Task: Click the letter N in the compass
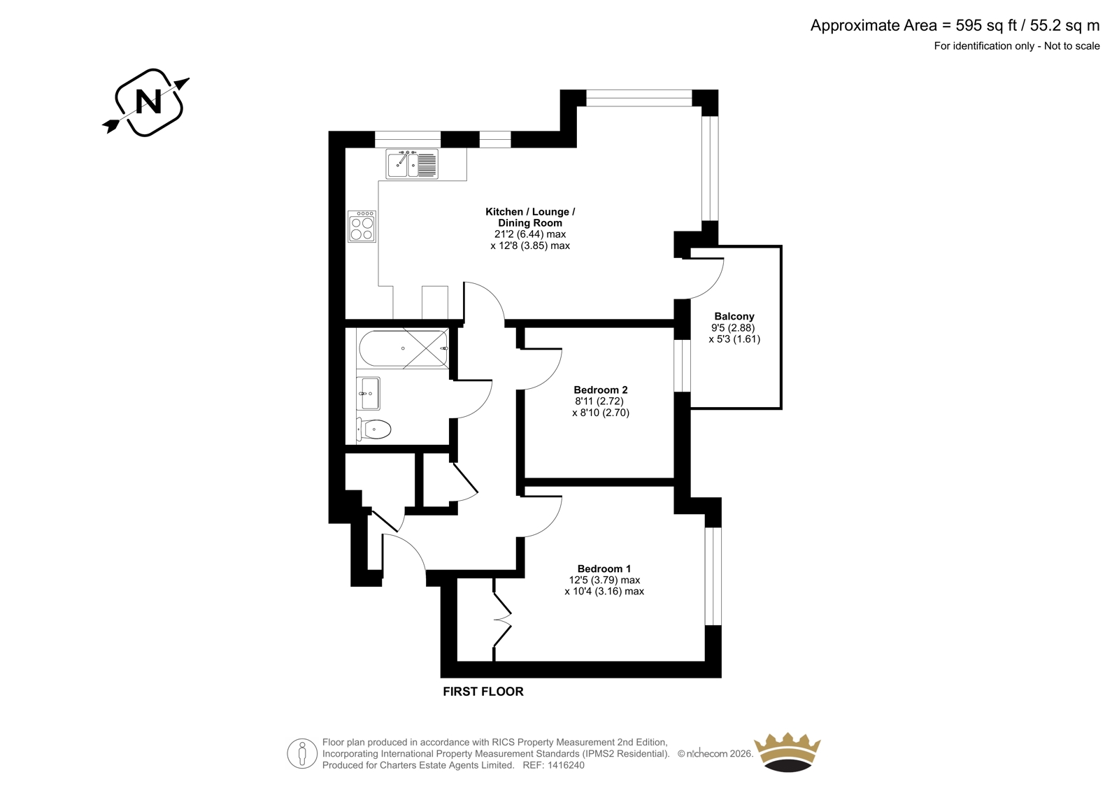pyautogui.click(x=148, y=101)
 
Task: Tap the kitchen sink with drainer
pyautogui.click(x=412, y=164)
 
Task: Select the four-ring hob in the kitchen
pyautogui.click(x=362, y=227)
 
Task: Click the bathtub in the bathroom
pyautogui.click(x=403, y=348)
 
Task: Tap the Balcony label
pyautogui.click(x=734, y=316)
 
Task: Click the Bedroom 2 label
pyautogui.click(x=601, y=390)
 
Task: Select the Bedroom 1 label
pyautogui.click(x=604, y=569)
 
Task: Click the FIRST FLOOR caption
pyautogui.click(x=483, y=692)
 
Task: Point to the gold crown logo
pyautogui.click(x=787, y=752)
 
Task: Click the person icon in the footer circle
pyautogui.click(x=301, y=753)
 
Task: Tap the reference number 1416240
pyautogui.click(x=565, y=765)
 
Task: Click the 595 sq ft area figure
pyautogui.click(x=987, y=25)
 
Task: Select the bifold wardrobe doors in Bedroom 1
pyautogui.click(x=502, y=620)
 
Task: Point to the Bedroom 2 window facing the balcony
pyautogui.click(x=682, y=366)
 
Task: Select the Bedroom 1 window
pyautogui.click(x=713, y=576)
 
